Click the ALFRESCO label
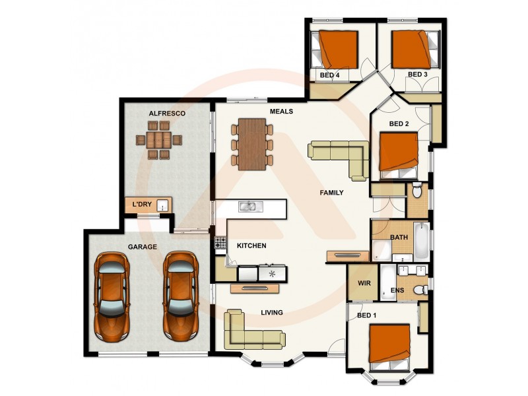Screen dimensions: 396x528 [166, 114]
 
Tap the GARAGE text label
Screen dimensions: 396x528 [142, 247]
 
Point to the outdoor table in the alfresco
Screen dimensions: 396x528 [158, 140]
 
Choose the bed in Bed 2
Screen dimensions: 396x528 [399, 155]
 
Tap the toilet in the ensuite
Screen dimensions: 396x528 [417, 289]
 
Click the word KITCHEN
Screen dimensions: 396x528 [251, 246]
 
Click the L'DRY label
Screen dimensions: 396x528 [143, 205]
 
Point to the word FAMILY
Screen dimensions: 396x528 [331, 193]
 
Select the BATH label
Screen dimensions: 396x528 [399, 237]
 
